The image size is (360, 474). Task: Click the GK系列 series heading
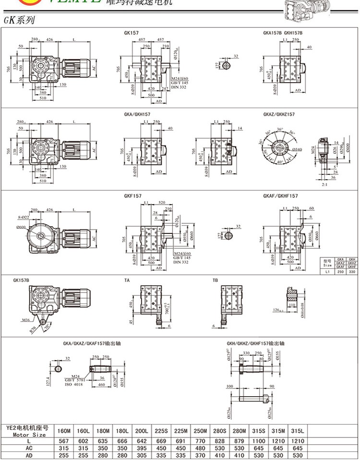pos(19,21)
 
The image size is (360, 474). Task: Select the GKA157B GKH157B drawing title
pos(283,33)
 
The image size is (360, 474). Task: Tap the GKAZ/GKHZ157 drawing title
pos(278,115)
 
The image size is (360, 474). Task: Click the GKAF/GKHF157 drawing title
pos(280,196)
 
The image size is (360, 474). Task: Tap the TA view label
pos(127,280)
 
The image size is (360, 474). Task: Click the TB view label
pos(215,280)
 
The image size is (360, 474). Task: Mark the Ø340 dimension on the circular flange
pos(297,150)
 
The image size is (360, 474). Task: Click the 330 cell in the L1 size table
pos(352,272)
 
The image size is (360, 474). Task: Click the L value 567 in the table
pos(63,440)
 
